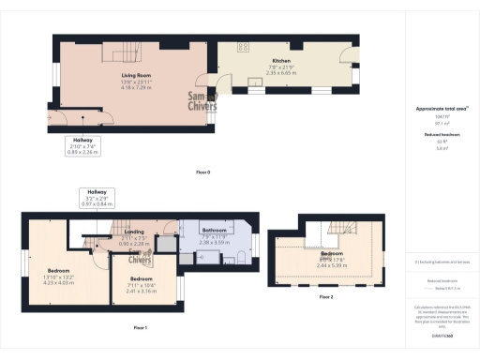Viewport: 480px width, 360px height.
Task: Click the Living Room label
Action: (x=137, y=74)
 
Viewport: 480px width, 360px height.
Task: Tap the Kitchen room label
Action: (x=270, y=61)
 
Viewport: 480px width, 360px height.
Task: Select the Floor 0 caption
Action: (x=202, y=172)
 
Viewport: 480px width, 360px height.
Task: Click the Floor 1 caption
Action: (x=141, y=327)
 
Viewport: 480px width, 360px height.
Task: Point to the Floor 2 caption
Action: (x=325, y=296)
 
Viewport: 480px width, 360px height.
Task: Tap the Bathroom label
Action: (x=216, y=230)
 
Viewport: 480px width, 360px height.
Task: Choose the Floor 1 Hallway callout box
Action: (x=97, y=197)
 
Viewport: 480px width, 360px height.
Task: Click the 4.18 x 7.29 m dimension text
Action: (x=137, y=87)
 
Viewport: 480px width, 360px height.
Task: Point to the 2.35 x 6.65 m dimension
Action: (x=270, y=73)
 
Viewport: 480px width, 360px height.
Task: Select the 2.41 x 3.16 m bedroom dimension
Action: (x=141, y=291)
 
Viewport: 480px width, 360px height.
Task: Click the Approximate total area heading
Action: (x=441, y=109)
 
